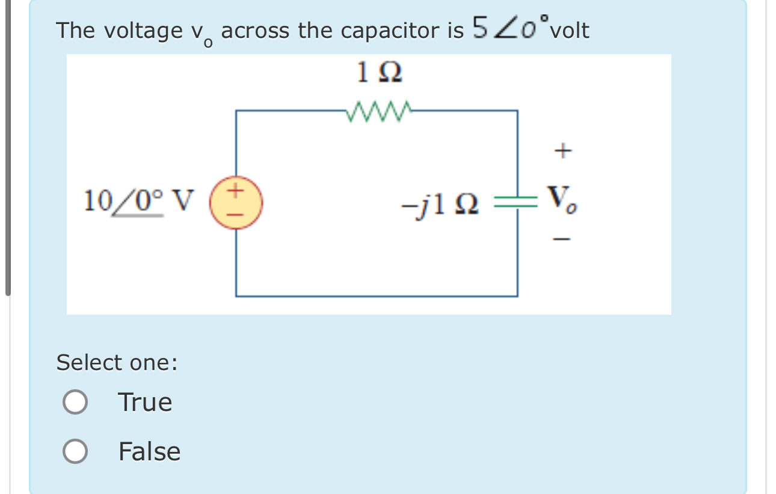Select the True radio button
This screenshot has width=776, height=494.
[x=75, y=403]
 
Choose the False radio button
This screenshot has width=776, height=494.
[x=75, y=452]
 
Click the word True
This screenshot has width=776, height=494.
[x=145, y=403]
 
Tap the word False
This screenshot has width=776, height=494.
[x=149, y=452]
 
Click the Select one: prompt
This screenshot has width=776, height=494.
[x=117, y=363]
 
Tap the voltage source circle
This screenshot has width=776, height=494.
[x=236, y=203]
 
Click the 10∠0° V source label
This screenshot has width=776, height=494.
[x=139, y=201]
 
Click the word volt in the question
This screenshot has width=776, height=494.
[x=569, y=30]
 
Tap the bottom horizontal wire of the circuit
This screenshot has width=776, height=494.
[x=377, y=296]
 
